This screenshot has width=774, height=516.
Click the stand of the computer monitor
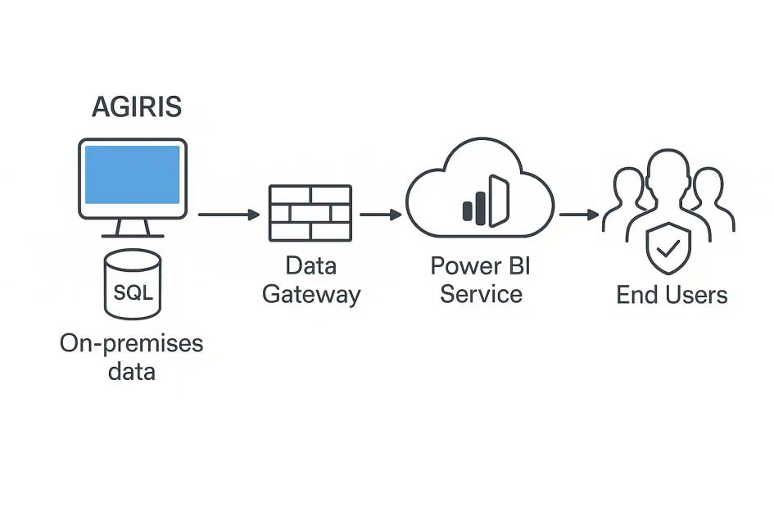click(x=133, y=228)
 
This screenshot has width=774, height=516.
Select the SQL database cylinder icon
click(x=133, y=283)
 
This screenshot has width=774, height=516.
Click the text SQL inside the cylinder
click(x=133, y=291)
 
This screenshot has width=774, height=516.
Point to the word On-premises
click(x=131, y=342)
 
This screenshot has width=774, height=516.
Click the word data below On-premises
click(x=131, y=371)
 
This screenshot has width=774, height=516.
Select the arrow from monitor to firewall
click(x=229, y=215)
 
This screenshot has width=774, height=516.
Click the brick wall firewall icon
click(x=310, y=213)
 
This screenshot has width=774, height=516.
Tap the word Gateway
click(x=311, y=294)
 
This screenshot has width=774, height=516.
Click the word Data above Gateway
click(x=311, y=265)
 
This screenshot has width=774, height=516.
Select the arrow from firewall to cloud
click(x=380, y=215)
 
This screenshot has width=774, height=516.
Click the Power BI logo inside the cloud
click(x=486, y=201)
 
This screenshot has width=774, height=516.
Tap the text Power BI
click(x=481, y=265)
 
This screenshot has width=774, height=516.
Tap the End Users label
click(x=672, y=294)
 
